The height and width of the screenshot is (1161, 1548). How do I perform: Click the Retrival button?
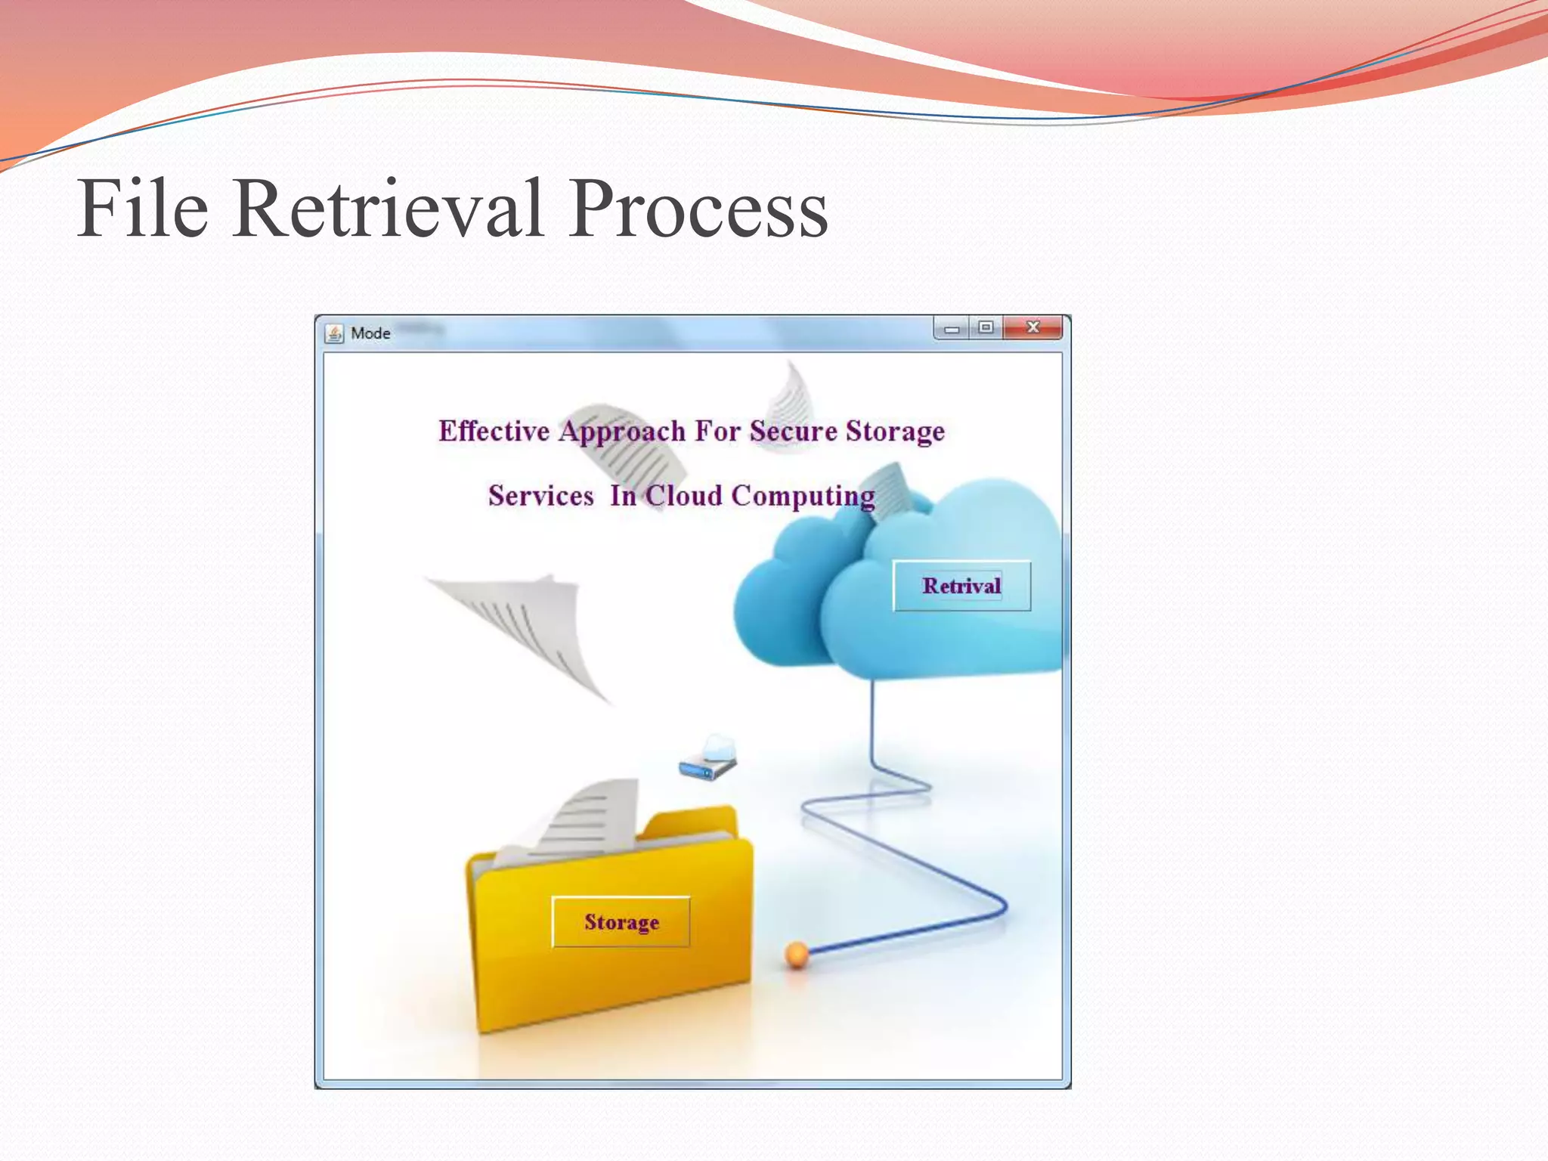[961, 586]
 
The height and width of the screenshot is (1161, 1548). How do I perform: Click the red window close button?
[1033, 327]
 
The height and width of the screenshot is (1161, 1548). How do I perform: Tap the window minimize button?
[952, 329]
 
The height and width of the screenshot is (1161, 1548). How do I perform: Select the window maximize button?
[986, 327]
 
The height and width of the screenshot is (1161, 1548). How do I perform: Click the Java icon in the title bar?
[334, 333]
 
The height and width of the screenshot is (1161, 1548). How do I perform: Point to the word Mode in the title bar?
[370, 333]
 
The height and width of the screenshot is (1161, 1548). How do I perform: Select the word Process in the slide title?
[698, 209]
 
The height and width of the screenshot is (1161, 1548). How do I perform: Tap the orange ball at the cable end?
[797, 955]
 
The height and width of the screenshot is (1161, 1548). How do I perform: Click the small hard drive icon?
[707, 759]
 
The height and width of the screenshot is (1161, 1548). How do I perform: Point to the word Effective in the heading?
[494, 431]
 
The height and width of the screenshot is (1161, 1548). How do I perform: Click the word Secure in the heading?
[793, 431]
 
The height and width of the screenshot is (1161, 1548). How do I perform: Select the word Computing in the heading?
[803, 497]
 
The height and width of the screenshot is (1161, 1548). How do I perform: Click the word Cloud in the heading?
[683, 496]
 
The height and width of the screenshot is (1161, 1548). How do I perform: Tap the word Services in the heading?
[540, 496]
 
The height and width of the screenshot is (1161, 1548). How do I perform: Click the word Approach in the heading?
[622, 432]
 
